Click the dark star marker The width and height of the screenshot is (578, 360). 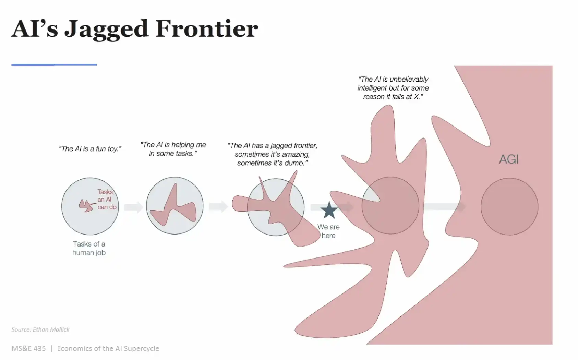tap(329, 210)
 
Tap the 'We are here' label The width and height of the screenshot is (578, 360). tap(328, 231)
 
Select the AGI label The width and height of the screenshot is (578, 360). tap(509, 159)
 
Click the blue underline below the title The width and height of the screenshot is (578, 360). tap(54, 65)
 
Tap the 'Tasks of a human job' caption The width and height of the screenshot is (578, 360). tap(89, 248)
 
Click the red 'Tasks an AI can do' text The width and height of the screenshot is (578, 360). tap(107, 199)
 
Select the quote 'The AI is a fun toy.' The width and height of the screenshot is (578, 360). tap(90, 149)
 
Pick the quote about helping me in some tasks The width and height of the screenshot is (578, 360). tap(173, 149)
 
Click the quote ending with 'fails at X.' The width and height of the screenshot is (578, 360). tap(393, 88)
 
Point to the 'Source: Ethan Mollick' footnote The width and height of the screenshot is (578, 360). tap(40, 329)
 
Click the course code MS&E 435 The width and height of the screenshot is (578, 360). tap(29, 348)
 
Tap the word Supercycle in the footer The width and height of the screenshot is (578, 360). tap(141, 349)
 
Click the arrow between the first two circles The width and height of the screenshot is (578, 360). tap(133, 207)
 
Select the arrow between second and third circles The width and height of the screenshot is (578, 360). tap(218, 207)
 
